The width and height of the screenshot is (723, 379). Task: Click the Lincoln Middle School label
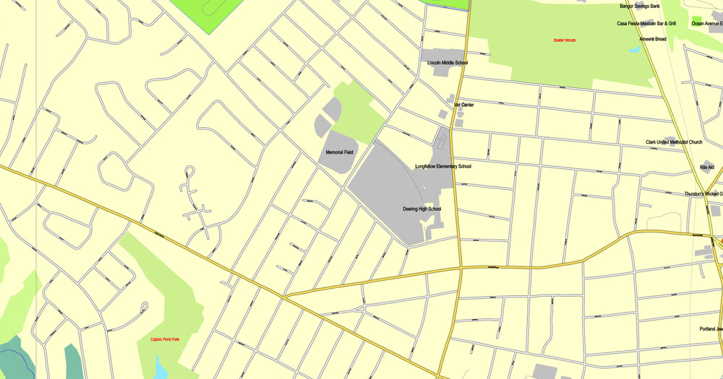pyautogui.click(x=448, y=63)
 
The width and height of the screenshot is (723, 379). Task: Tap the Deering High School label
pyautogui.click(x=422, y=209)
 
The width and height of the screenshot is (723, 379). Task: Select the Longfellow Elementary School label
pyautogui.click(x=442, y=167)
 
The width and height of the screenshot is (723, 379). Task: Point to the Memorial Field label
pyautogui.click(x=339, y=153)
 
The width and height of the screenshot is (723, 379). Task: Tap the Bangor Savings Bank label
pyautogui.click(x=640, y=6)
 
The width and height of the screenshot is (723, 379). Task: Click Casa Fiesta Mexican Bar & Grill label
pyautogui.click(x=646, y=24)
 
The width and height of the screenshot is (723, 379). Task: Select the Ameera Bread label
pyautogui.click(x=652, y=39)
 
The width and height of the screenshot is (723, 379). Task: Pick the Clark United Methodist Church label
pyautogui.click(x=674, y=142)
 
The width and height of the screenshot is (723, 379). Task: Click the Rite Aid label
pyautogui.click(x=706, y=167)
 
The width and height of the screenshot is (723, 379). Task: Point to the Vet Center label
pyautogui.click(x=463, y=105)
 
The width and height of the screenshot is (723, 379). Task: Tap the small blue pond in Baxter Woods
pyautogui.click(x=634, y=50)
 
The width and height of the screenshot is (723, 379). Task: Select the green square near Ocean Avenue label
pyautogui.click(x=696, y=19)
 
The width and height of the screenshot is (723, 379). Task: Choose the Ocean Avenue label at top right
pyautogui.click(x=706, y=24)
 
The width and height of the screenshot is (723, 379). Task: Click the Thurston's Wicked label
pyautogui.click(x=703, y=194)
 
